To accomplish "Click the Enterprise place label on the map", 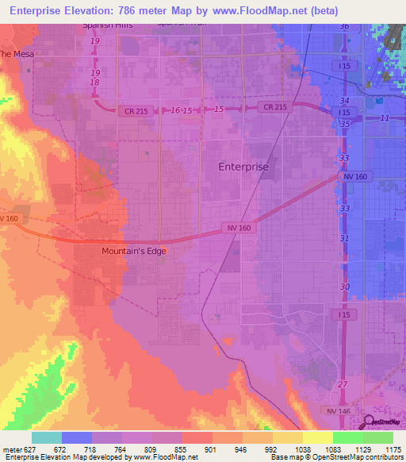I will (x=243, y=167).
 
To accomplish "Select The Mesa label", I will (x=16, y=55).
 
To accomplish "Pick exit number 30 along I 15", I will (x=344, y=287).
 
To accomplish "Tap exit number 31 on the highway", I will (x=344, y=238).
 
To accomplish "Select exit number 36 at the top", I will (x=344, y=27).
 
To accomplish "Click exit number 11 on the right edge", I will (x=385, y=117).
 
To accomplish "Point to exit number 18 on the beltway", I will (x=95, y=83).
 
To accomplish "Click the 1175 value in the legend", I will (x=391, y=449).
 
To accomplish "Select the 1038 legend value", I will (x=301, y=449).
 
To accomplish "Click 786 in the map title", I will (x=142, y=11).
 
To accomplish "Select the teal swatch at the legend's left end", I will (x=46, y=437).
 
